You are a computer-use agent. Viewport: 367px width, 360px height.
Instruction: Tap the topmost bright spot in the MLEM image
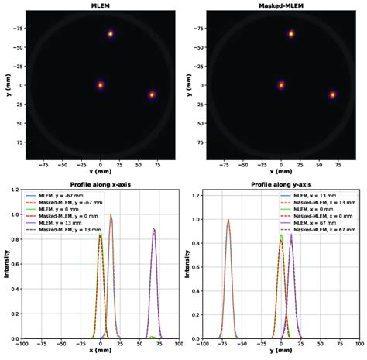pos(111,34)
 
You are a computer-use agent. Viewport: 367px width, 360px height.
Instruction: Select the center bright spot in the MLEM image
pos(101,85)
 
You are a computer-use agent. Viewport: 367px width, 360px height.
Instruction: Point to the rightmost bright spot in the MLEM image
pos(152,94)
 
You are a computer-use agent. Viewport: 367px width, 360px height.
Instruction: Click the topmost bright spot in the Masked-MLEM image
pos(291,34)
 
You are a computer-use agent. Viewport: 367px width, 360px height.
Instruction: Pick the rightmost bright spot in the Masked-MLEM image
pos(332,94)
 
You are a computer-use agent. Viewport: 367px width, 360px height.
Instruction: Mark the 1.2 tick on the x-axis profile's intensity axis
pos(16,195)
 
